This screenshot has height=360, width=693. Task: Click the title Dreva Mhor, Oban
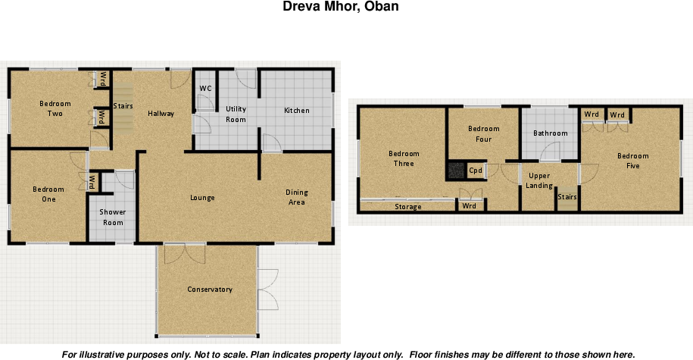(341, 7)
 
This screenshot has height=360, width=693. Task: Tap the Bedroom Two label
(55, 108)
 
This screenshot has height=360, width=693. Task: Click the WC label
(205, 89)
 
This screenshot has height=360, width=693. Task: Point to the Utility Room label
(236, 114)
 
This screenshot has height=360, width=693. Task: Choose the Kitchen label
(296, 111)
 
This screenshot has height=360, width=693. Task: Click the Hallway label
(161, 114)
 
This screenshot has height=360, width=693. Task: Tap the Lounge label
(202, 198)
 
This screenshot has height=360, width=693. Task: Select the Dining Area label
(296, 197)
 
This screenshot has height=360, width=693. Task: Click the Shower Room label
(113, 218)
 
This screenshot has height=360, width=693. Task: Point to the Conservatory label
(210, 290)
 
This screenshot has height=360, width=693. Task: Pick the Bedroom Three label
(404, 158)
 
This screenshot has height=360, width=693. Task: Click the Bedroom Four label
(484, 134)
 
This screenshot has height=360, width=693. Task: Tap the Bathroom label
(550, 133)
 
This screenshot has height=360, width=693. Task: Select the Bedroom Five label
(632, 161)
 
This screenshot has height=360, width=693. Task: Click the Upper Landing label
(539, 181)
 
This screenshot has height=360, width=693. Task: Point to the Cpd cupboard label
(476, 171)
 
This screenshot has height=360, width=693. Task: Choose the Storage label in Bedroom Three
(408, 207)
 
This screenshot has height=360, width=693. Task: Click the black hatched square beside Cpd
(456, 171)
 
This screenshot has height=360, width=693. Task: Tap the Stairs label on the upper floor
(567, 197)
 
